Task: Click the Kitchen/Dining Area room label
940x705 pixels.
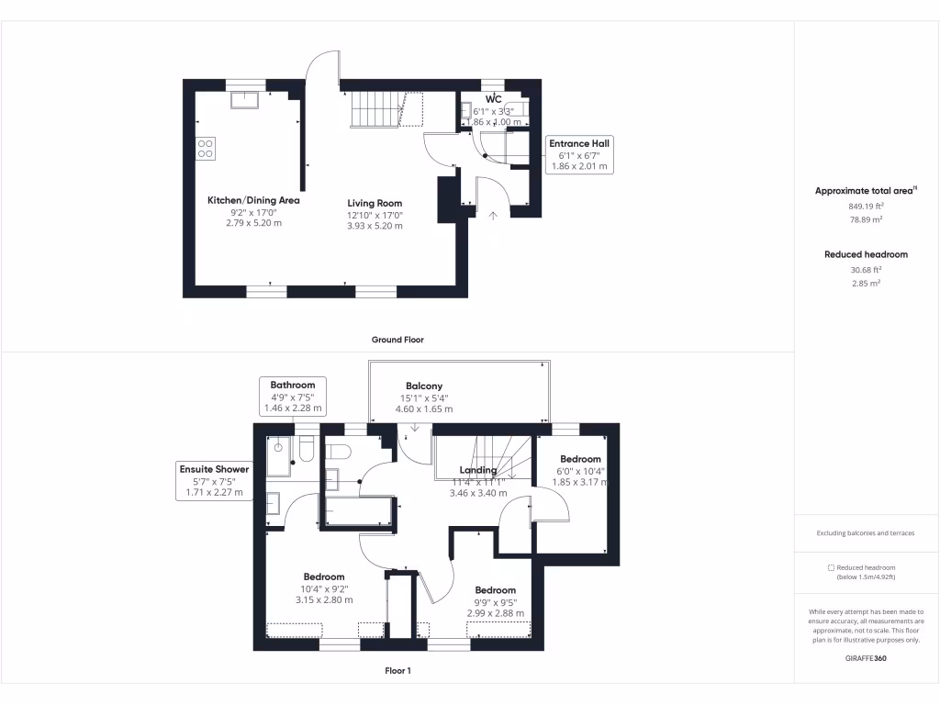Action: [253, 200]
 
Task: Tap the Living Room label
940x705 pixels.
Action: [375, 203]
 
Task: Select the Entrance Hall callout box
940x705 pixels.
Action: [578, 155]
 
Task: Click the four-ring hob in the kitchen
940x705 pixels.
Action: [206, 148]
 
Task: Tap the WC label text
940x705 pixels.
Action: [493, 99]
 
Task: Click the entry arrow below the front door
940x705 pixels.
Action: [493, 216]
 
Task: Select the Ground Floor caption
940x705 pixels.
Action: [397, 340]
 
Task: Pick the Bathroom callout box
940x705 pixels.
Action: [292, 397]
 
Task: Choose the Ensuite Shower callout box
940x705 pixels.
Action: [213, 480]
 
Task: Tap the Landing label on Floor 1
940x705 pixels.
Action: [477, 470]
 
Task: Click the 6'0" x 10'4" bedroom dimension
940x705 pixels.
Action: [580, 471]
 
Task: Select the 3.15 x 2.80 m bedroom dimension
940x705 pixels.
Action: [324, 599]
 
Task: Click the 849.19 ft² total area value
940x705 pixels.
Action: [866, 207]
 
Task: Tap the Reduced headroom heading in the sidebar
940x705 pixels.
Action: [866, 254]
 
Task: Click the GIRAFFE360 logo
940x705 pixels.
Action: [866, 658]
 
